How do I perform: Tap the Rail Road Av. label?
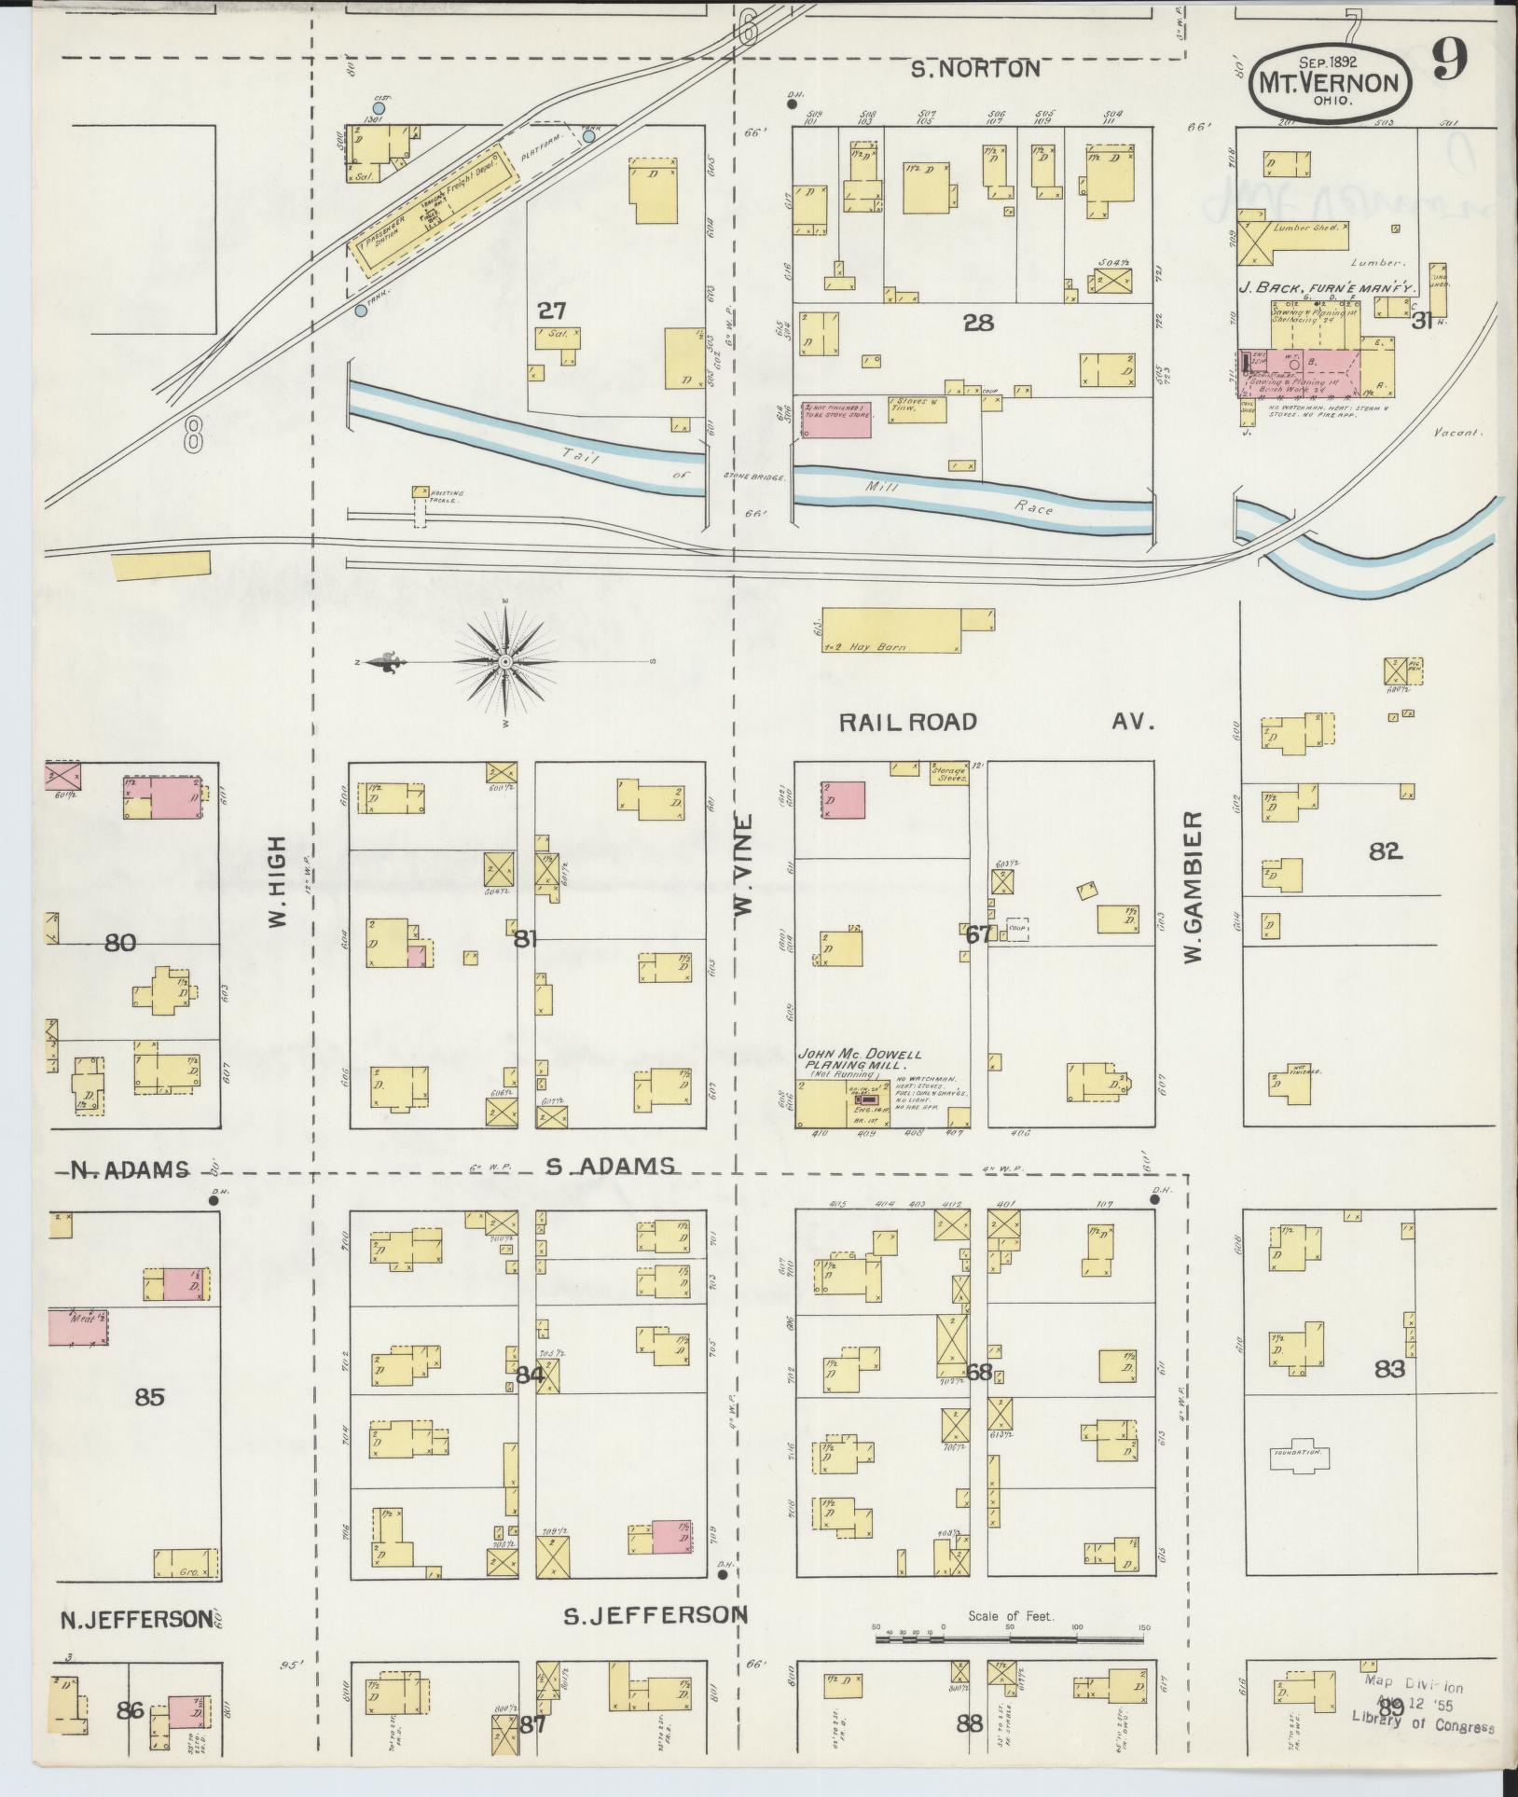(x=995, y=722)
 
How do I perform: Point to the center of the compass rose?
(x=504, y=662)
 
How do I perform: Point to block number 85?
(x=149, y=1397)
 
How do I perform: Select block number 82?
(x=1386, y=850)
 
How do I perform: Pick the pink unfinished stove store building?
(x=836, y=420)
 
